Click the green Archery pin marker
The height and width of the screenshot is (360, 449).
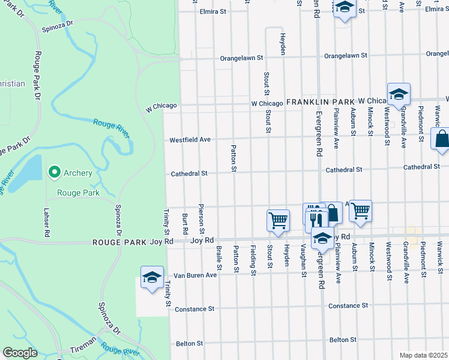point(54,173)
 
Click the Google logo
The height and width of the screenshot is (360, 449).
point(20,353)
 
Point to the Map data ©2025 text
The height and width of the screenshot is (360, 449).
point(423,355)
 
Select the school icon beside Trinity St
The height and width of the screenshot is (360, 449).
point(152,277)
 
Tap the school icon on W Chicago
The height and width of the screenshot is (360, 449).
point(398,94)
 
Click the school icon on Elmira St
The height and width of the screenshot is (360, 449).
point(345,8)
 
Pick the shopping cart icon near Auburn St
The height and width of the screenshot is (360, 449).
point(360,210)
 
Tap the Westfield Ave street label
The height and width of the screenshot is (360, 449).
point(190,140)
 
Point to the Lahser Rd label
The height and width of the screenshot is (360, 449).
point(46,222)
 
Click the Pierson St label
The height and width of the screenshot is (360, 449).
point(202,219)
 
